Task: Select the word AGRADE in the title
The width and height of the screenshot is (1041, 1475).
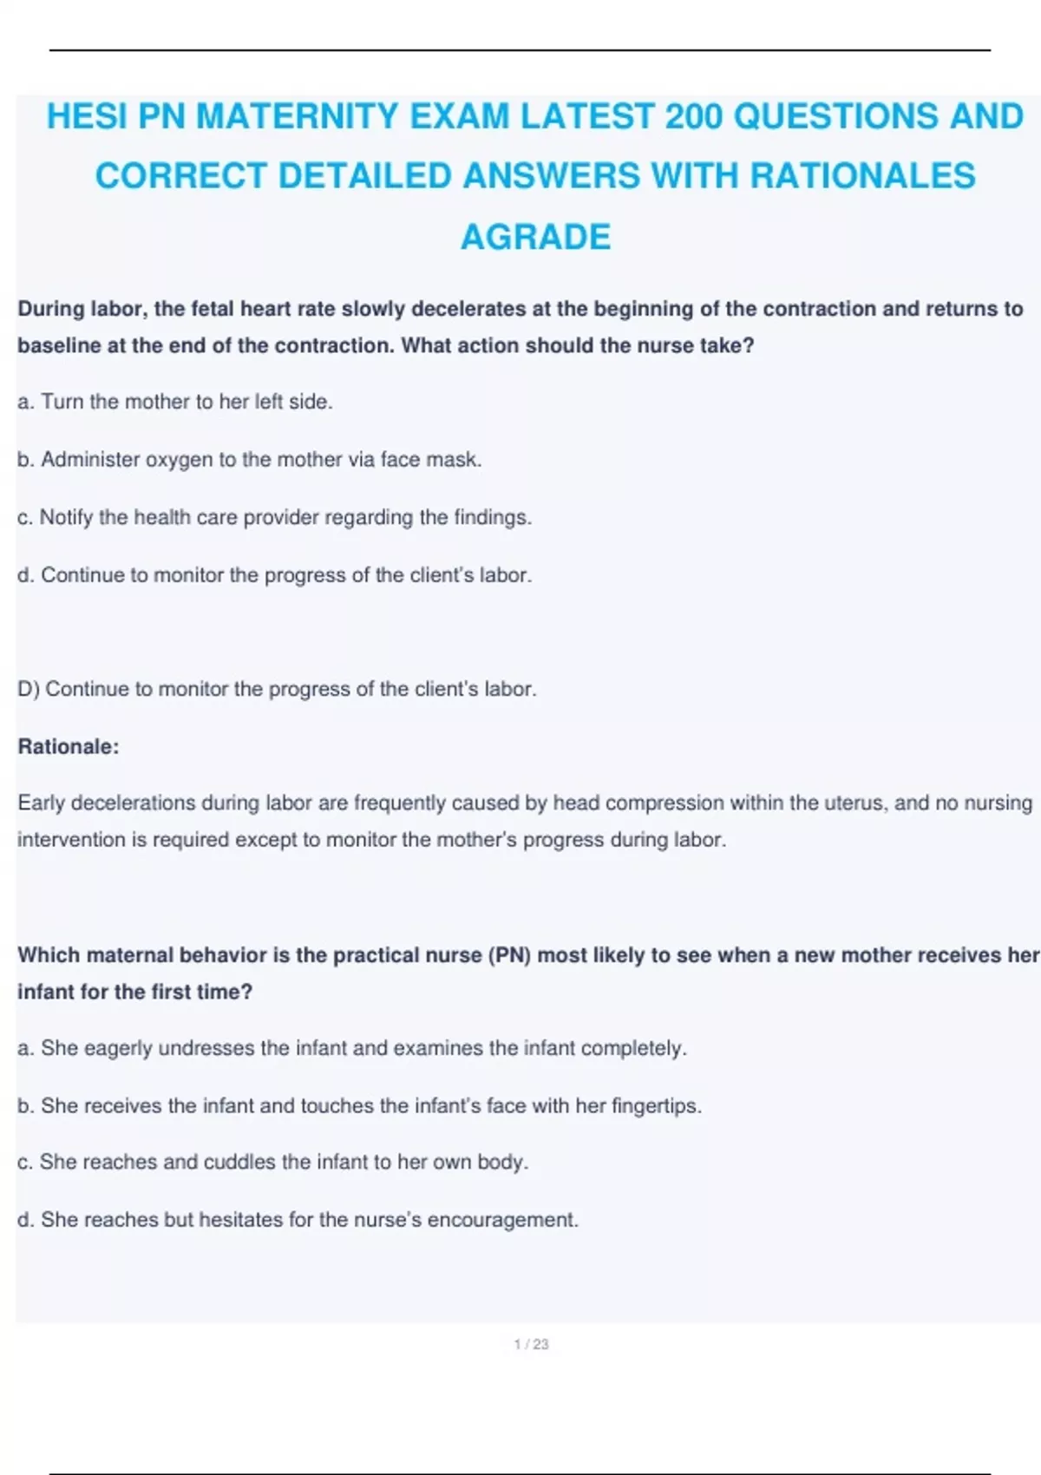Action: [x=535, y=237]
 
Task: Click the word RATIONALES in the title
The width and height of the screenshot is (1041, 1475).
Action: [x=862, y=176]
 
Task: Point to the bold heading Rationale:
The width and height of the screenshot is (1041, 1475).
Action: [x=69, y=746]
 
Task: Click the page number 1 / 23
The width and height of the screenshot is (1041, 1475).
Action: [x=531, y=1344]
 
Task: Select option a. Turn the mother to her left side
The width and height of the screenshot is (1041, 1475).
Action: [x=175, y=402]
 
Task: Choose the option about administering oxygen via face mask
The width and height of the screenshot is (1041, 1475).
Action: [x=249, y=459]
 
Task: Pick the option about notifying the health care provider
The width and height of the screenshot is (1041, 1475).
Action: [x=274, y=517]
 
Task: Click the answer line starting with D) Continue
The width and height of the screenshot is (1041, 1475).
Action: [x=277, y=689]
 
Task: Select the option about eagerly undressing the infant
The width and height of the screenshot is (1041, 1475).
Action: [x=351, y=1048]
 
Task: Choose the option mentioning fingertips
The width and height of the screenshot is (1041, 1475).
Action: [x=359, y=1105]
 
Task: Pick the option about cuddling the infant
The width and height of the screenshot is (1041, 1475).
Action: [x=272, y=1162]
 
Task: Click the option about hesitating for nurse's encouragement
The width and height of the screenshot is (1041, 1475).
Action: [x=298, y=1219]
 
